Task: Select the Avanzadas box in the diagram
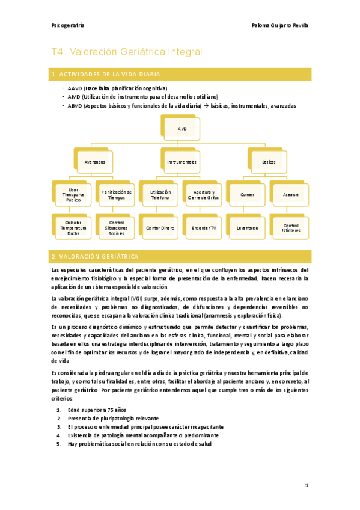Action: point(95,162)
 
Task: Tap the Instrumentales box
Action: point(182,162)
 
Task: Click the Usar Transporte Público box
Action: point(73,195)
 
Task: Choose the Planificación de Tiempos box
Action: point(117,195)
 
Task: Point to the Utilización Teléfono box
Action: point(160,195)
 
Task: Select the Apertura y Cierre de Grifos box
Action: point(204,195)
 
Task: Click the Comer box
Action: point(247,195)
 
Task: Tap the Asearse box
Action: point(290,195)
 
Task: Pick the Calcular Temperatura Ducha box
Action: point(73,228)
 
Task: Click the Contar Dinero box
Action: point(160,228)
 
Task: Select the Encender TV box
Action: point(204,228)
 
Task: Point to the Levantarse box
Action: point(247,228)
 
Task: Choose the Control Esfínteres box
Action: point(290,228)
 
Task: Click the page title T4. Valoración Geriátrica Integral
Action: point(126,52)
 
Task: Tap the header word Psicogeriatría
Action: point(68,26)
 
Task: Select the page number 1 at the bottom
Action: point(306,485)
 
